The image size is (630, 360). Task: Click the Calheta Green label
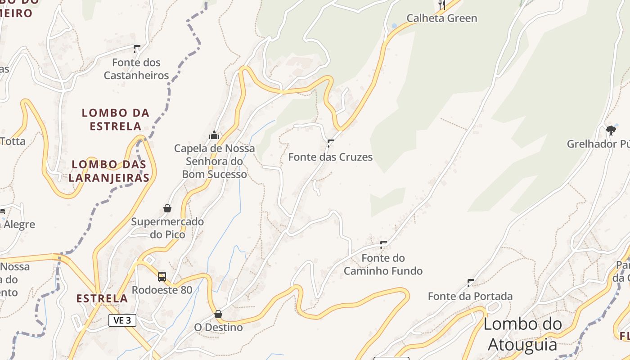click(x=441, y=18)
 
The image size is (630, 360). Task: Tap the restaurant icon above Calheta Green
click(x=442, y=5)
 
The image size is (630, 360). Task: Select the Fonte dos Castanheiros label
click(x=136, y=69)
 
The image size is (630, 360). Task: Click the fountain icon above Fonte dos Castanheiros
click(x=137, y=49)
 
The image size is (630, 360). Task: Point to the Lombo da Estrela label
click(x=116, y=119)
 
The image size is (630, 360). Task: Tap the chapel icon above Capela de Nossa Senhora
click(x=214, y=135)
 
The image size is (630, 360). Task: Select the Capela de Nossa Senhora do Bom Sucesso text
click(x=215, y=161)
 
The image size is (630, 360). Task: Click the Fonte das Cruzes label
click(x=330, y=157)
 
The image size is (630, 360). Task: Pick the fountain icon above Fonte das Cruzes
click(x=331, y=143)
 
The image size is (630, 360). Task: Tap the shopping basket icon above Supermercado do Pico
click(x=167, y=208)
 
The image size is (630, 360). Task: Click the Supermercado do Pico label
click(x=167, y=228)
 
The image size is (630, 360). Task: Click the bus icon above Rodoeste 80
click(x=162, y=277)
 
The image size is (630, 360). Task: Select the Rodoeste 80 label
click(x=162, y=290)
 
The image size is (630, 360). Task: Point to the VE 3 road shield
click(x=122, y=320)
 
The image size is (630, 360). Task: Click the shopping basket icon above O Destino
click(x=218, y=314)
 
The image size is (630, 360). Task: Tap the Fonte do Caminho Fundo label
click(x=383, y=265)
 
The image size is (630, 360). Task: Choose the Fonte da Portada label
click(x=470, y=296)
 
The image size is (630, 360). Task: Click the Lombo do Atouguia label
click(x=522, y=334)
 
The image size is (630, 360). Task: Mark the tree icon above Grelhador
click(x=611, y=130)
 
